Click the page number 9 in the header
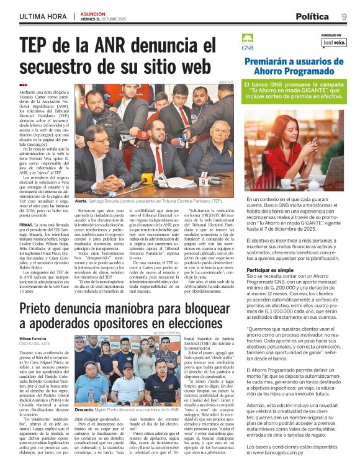pos(343,16)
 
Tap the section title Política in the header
pos(312,16)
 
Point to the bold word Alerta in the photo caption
pos(81,202)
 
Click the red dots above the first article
pos(24,84)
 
